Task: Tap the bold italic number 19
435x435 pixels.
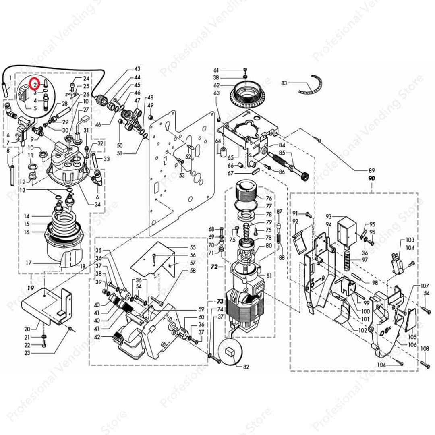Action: [x=30, y=288]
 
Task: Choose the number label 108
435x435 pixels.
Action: [x=425, y=348]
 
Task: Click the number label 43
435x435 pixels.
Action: [x=137, y=69]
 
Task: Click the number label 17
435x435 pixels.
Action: [x=29, y=263]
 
